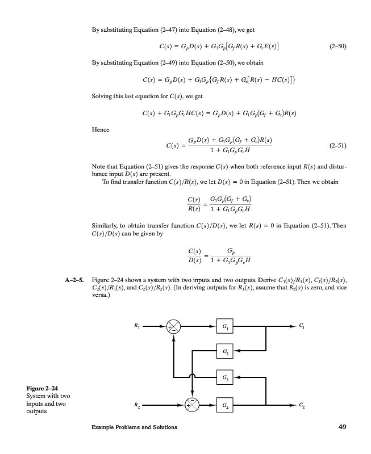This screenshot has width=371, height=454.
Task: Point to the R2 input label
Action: coord(136,405)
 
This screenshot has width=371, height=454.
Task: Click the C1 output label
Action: coord(301,326)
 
